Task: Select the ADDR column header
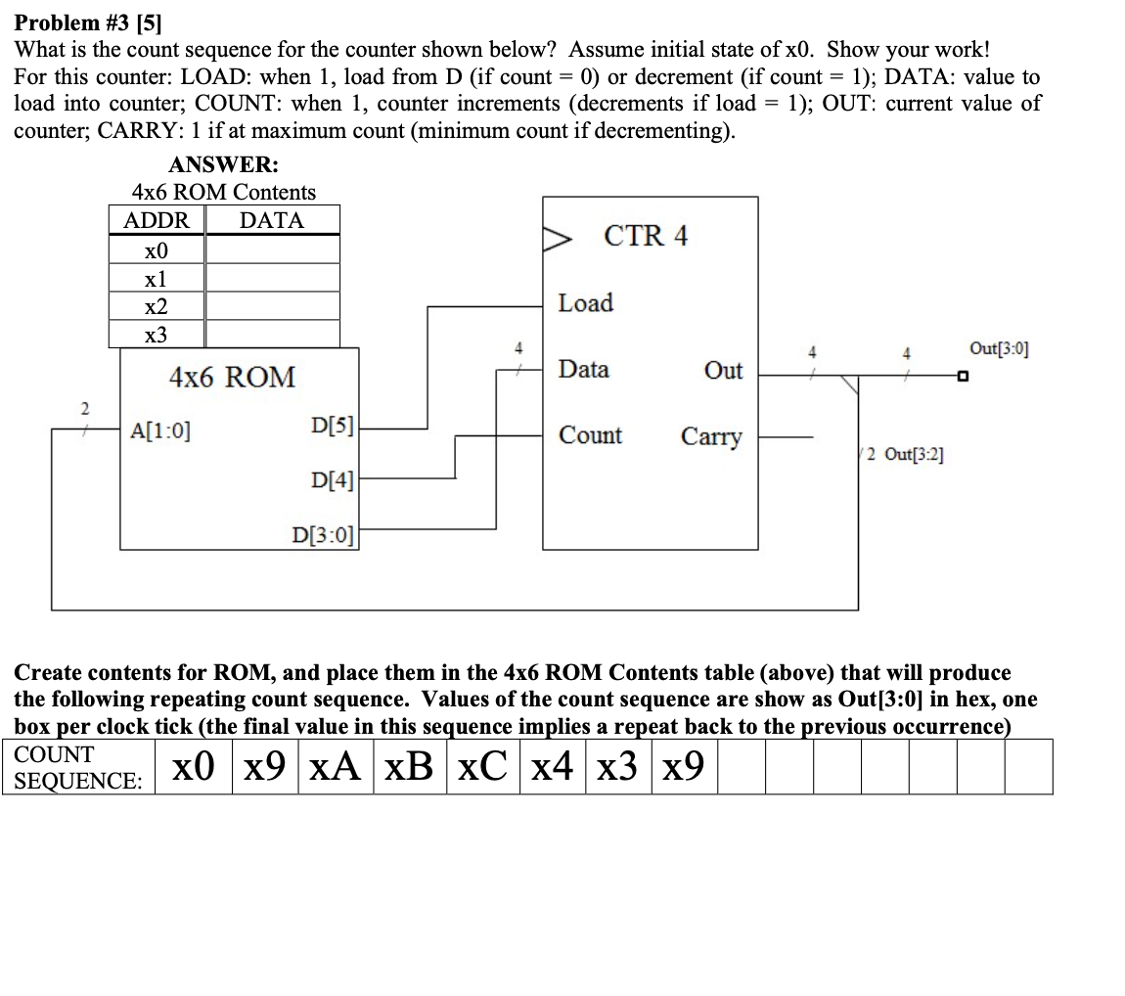pos(157,220)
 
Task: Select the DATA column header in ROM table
pos(272,220)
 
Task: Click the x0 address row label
pos(157,250)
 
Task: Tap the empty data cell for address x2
pos(272,306)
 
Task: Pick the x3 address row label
pos(157,335)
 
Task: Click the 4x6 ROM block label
pos(232,377)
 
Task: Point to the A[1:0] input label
pos(160,429)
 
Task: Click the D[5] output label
pos(332,426)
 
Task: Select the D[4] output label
pos(332,479)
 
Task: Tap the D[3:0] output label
pos(324,535)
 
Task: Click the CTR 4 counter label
pos(646,236)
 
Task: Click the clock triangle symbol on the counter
pos(557,238)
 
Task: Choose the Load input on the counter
pos(586,303)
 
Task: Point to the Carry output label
pos(711,436)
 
